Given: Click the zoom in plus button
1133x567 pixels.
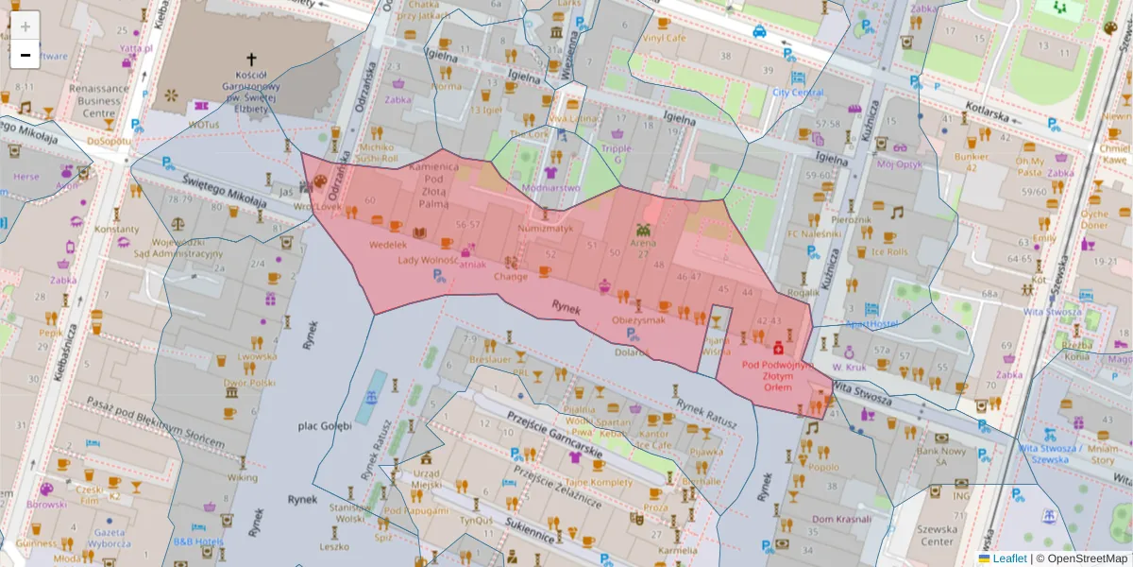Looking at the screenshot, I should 25,26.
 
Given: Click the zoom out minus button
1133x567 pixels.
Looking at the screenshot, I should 25,55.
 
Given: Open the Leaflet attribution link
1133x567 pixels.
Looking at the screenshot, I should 1009,558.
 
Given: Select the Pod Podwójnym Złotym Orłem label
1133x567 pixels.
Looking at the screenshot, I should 777,374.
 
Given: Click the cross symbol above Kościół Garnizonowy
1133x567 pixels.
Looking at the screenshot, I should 251,59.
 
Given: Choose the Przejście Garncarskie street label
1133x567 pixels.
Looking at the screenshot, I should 555,440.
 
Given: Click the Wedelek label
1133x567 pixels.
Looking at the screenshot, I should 387,244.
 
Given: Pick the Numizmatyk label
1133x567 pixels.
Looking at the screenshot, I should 546,228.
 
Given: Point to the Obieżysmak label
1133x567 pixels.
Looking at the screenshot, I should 639,319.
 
